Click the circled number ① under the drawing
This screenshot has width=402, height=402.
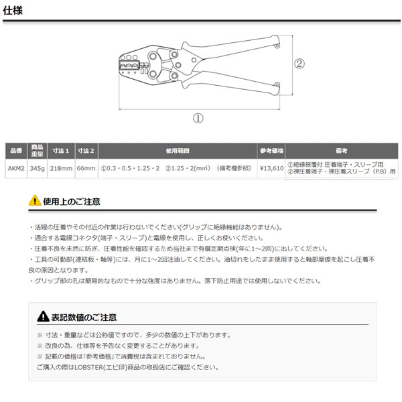(x=198, y=117)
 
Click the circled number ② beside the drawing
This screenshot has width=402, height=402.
(x=299, y=64)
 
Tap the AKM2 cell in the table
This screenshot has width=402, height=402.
(x=15, y=168)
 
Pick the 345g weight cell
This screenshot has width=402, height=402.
(x=38, y=168)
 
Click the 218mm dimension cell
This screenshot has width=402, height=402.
(x=62, y=168)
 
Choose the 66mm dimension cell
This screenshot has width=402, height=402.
(x=86, y=168)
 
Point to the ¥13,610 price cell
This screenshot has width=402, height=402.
(x=271, y=168)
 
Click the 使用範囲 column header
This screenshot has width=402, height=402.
(x=178, y=151)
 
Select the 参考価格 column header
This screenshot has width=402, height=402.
(x=271, y=151)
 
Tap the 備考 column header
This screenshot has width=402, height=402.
(x=341, y=151)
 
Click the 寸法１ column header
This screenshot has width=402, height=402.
(x=62, y=151)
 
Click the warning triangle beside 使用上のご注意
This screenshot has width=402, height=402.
(x=35, y=200)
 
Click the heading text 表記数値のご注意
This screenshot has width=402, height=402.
(x=84, y=317)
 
